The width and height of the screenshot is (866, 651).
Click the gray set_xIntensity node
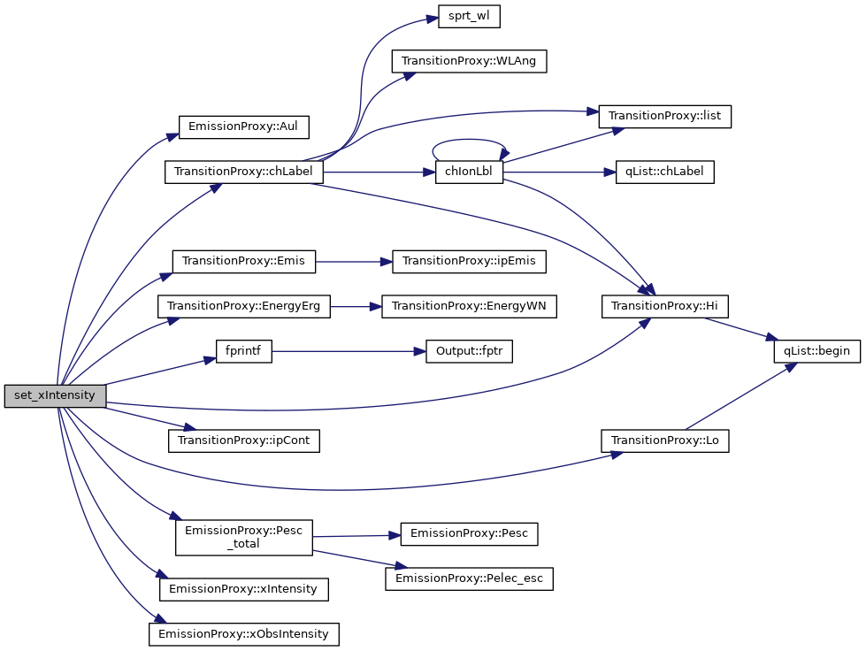[55, 395]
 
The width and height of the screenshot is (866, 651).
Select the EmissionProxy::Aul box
[244, 126]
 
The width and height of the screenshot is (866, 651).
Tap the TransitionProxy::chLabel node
[244, 172]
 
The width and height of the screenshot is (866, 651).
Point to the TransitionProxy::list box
[665, 116]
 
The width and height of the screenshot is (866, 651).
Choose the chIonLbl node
[469, 172]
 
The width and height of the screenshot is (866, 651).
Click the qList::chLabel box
[664, 172]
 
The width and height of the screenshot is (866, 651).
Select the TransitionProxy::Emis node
[244, 261]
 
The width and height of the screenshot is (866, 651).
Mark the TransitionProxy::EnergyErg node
[244, 306]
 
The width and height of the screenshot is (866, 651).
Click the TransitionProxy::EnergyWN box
[469, 306]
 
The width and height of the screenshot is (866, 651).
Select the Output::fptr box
[469, 351]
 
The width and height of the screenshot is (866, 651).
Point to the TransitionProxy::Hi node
[665, 306]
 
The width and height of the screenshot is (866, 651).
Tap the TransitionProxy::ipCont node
[244, 440]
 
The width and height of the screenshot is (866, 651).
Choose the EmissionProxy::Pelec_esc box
[469, 579]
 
